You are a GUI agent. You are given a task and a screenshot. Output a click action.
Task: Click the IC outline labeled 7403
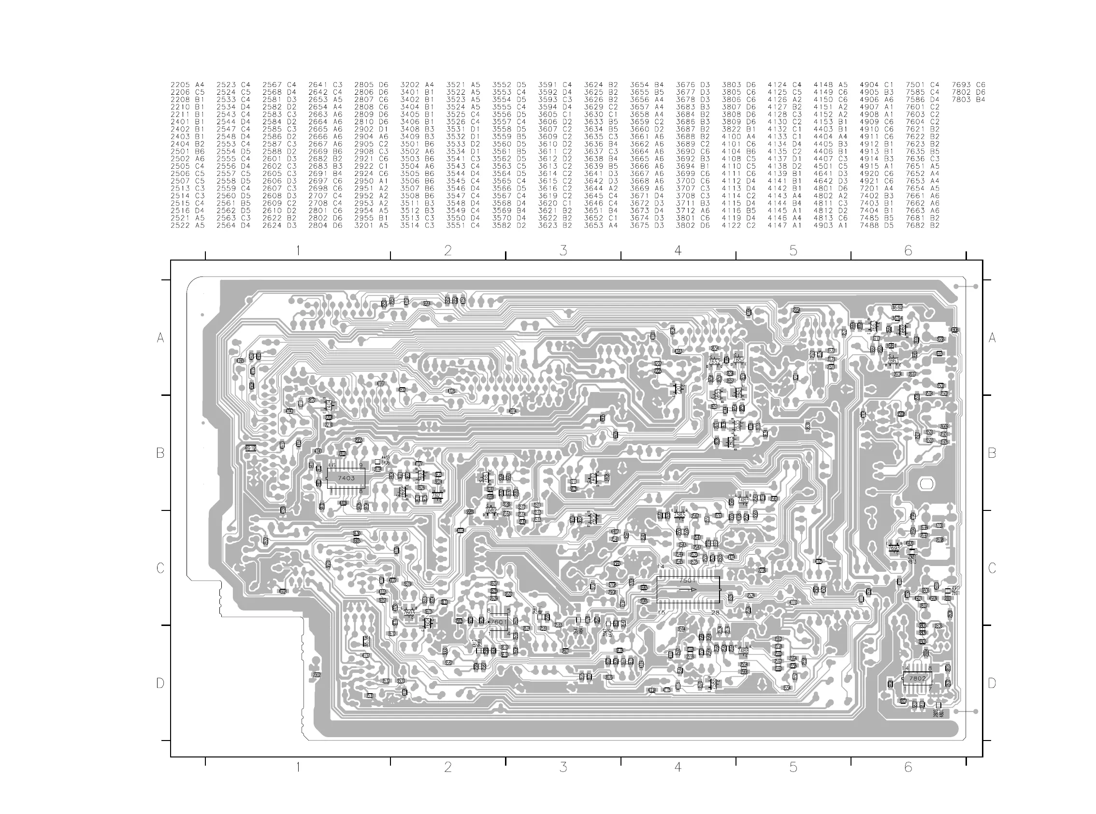click(346, 478)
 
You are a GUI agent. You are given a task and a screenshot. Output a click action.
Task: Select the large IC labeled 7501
click(688, 589)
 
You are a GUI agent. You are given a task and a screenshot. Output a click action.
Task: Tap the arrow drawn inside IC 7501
click(688, 589)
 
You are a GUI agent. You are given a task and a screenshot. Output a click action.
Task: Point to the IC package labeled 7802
click(917, 679)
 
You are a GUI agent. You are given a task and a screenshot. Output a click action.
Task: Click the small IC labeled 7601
click(498, 622)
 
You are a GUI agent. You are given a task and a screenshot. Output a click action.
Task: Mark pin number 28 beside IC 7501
click(715, 612)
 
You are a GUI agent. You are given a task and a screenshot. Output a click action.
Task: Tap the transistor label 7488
click(743, 651)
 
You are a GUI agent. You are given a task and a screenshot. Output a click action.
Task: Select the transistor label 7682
click(490, 510)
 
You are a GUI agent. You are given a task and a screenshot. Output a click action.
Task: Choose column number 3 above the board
click(563, 250)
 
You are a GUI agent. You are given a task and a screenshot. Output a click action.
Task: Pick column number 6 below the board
click(908, 767)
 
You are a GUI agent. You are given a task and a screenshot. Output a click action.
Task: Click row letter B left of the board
click(160, 453)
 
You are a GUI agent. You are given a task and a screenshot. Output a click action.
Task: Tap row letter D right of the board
click(992, 683)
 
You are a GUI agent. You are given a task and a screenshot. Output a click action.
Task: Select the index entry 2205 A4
click(187, 85)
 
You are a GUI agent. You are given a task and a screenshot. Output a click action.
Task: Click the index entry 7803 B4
click(968, 100)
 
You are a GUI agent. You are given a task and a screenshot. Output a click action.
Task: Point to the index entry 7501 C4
click(922, 85)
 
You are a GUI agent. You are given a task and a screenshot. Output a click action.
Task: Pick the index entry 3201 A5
click(371, 225)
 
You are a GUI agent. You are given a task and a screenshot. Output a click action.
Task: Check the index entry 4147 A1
click(784, 225)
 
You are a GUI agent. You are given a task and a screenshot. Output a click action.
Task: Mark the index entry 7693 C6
click(968, 85)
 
